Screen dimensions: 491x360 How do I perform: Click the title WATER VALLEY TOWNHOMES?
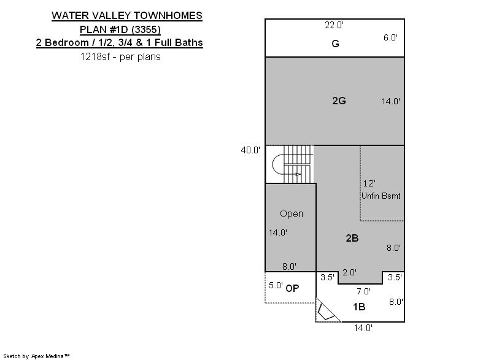coord(127,15)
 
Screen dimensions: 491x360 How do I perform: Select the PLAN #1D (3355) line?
coord(120,29)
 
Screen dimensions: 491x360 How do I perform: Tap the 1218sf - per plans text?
coord(120,56)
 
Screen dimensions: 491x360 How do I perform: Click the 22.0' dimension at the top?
coord(334,25)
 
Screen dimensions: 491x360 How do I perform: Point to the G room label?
coord(335,44)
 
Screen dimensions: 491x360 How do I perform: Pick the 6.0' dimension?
coord(390,37)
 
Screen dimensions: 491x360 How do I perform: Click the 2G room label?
coord(339,101)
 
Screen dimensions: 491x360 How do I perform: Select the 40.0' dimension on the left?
coord(250,150)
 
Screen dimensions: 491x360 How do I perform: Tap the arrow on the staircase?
coord(298,174)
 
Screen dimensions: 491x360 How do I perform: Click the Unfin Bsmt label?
coord(381,196)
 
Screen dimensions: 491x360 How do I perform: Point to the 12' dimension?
coord(369,183)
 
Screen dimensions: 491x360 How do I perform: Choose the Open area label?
coord(292,213)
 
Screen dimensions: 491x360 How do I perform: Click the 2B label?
coord(352,239)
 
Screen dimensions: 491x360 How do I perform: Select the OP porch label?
coord(293,288)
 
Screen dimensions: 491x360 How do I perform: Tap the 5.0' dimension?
coord(276,285)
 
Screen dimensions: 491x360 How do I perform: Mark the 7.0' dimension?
coord(363,291)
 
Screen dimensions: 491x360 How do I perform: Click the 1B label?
coord(359,307)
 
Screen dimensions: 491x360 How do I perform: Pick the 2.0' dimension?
coord(349,272)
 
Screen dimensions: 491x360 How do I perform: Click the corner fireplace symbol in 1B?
coord(326,312)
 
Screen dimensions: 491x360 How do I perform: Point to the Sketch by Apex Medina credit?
coord(37,356)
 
